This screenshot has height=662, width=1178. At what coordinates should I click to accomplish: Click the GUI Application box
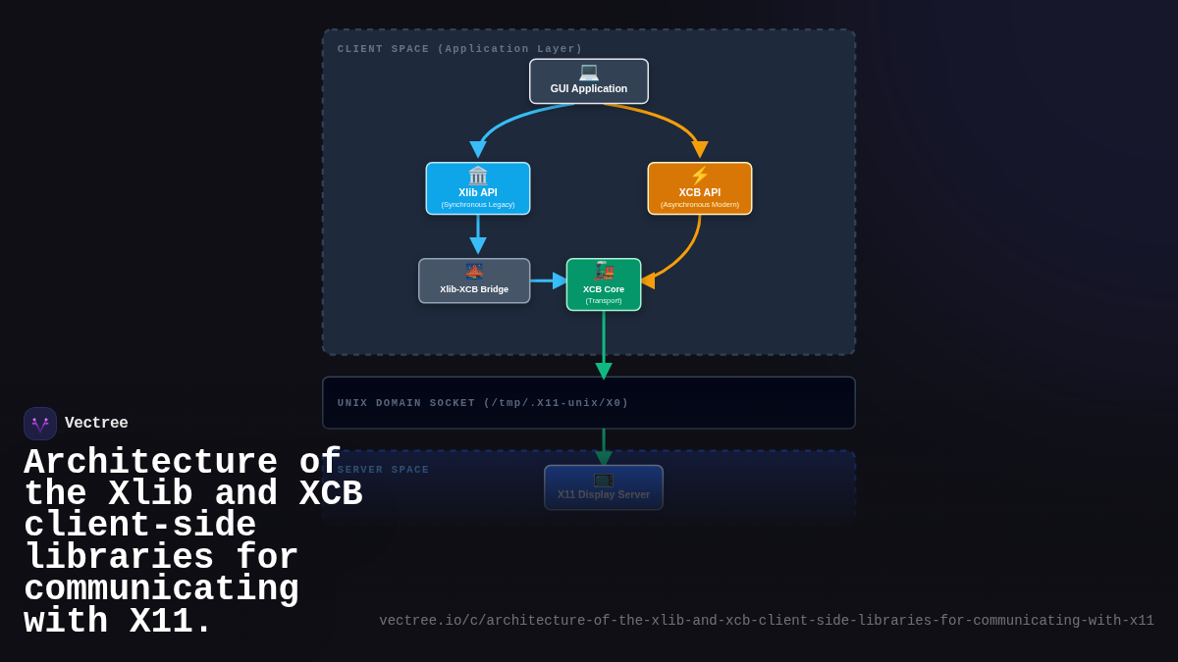coord(589,81)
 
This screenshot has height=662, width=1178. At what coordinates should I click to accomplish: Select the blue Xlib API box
coord(478,188)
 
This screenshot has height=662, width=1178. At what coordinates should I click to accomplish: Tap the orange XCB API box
coord(700,188)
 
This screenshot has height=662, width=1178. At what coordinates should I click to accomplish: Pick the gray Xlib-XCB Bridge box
coord(474,281)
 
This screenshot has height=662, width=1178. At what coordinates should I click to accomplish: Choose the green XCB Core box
coord(604,284)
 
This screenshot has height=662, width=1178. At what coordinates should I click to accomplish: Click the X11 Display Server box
coord(604,487)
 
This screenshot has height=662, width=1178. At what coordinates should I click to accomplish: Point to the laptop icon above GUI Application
coord(589,72)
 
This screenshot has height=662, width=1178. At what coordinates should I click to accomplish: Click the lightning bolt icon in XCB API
coord(700,176)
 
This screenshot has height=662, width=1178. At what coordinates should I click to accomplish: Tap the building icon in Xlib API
coord(478,176)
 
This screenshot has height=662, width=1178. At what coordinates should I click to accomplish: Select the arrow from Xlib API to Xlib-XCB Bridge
coord(478,235)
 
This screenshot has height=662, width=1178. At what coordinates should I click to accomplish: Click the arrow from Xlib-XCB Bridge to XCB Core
coord(548,280)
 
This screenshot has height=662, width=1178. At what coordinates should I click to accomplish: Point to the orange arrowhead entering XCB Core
coord(648,280)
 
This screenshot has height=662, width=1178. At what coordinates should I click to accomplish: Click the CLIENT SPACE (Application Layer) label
coord(459,49)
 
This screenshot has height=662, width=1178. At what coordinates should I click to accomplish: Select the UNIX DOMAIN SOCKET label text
coord(483,403)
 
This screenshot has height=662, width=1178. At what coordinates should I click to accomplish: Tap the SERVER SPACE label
coord(384,470)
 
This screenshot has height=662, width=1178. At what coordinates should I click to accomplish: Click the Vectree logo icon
coord(40,424)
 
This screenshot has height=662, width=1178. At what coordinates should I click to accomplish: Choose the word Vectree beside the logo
coord(96,424)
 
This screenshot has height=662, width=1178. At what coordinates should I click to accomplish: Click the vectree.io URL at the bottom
coord(767,621)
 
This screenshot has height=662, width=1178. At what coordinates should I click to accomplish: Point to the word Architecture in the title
coord(150,462)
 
